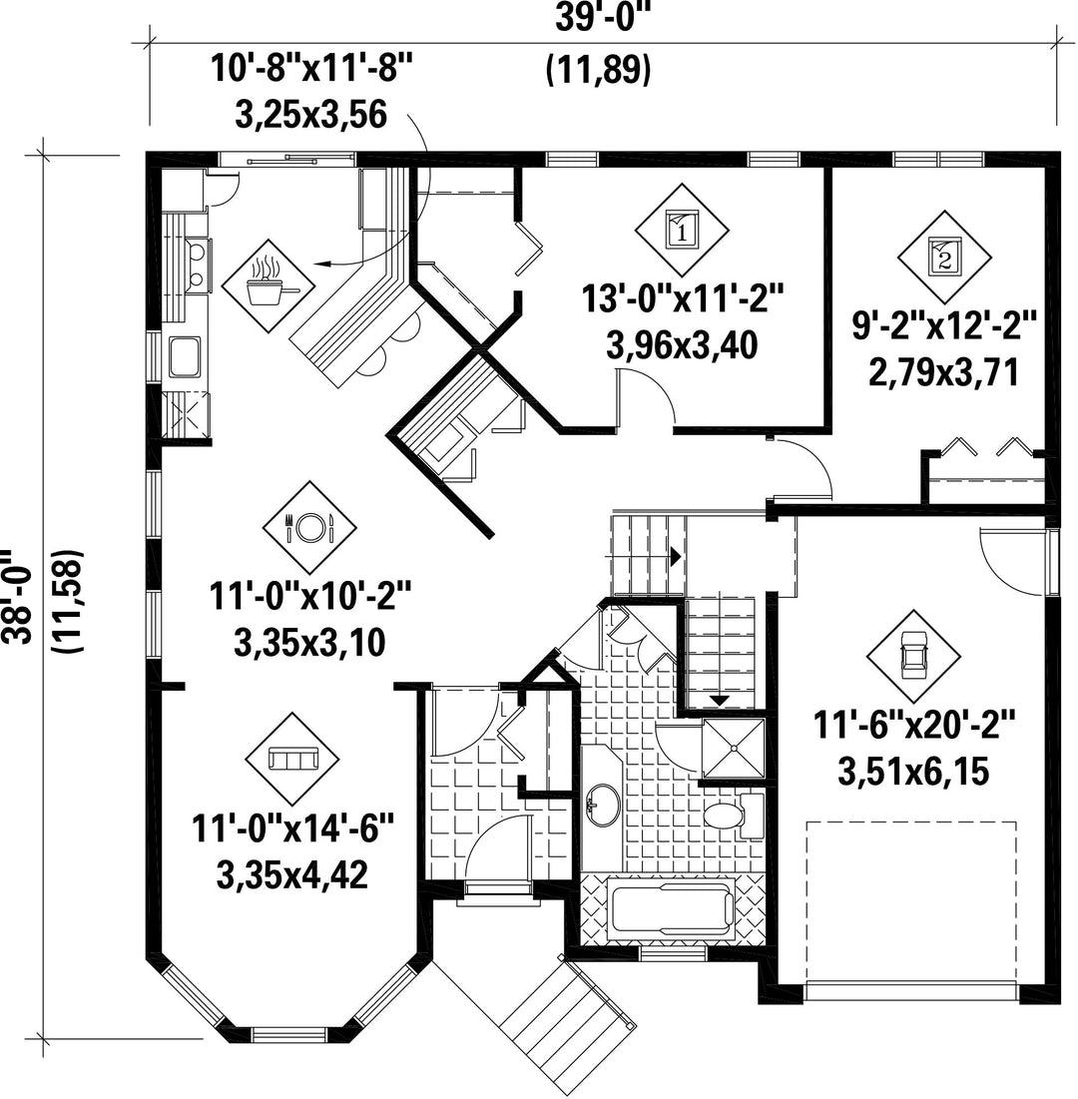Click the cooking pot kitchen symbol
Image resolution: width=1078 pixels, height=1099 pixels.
(x=268, y=285)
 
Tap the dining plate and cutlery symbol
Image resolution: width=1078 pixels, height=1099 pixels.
(x=309, y=527)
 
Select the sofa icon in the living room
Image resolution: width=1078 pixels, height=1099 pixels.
(x=292, y=759)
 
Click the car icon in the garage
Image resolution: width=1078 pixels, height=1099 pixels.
(x=912, y=656)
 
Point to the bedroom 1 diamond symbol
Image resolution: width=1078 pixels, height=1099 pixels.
(x=682, y=230)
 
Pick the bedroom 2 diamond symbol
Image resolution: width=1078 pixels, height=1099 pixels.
(x=945, y=257)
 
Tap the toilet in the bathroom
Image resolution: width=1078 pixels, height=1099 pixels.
(x=734, y=816)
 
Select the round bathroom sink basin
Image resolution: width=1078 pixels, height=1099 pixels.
(x=603, y=804)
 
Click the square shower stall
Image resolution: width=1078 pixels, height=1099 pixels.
(x=734, y=748)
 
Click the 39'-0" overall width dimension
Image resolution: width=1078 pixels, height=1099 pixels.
(x=599, y=18)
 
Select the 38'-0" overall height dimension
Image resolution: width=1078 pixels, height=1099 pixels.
(x=17, y=595)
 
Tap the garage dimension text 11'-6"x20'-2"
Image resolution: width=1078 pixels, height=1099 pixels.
(x=914, y=725)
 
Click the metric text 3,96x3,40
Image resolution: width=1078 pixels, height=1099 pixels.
(x=682, y=345)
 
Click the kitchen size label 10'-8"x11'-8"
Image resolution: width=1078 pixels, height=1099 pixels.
(x=312, y=70)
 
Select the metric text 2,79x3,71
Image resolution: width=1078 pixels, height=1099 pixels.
(x=943, y=372)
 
